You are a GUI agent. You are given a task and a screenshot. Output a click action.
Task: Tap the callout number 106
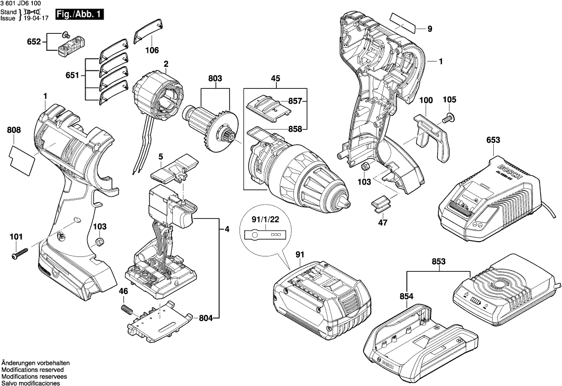pyautogui.click(x=152, y=51)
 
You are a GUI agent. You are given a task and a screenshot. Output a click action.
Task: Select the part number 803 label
pyautogui.click(x=215, y=78)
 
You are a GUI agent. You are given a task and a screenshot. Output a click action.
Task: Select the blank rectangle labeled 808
pyautogui.click(x=22, y=160)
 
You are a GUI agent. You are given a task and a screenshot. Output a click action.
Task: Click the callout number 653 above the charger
pyautogui.click(x=492, y=140)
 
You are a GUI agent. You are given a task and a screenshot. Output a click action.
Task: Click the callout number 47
pyautogui.click(x=383, y=223)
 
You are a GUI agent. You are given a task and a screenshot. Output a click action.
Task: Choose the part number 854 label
pyautogui.click(x=407, y=297)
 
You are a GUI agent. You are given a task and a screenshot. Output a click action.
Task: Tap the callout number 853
pyautogui.click(x=438, y=262)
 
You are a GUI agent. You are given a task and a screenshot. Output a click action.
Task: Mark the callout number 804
pyautogui.click(x=207, y=318)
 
